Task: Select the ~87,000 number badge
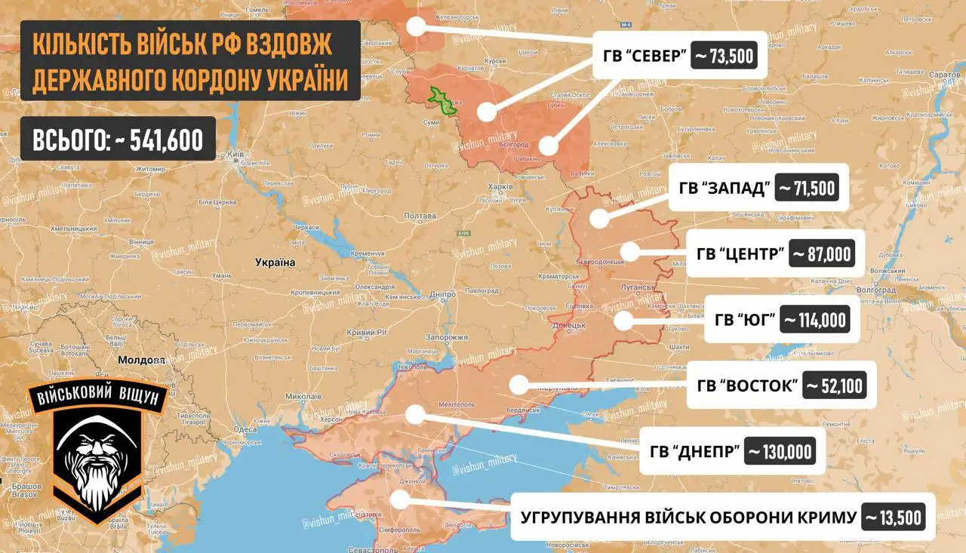(822, 253)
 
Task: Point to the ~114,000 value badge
(814, 320)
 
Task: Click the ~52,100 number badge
(834, 386)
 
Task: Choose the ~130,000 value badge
(780, 451)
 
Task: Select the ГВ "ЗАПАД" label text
(723, 188)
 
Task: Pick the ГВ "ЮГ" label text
(746, 320)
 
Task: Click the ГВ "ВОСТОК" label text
(748, 386)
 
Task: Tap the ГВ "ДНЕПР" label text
(694, 452)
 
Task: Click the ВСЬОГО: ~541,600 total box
(118, 139)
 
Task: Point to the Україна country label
(275, 263)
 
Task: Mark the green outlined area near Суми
(443, 101)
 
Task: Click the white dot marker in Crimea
(401, 499)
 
